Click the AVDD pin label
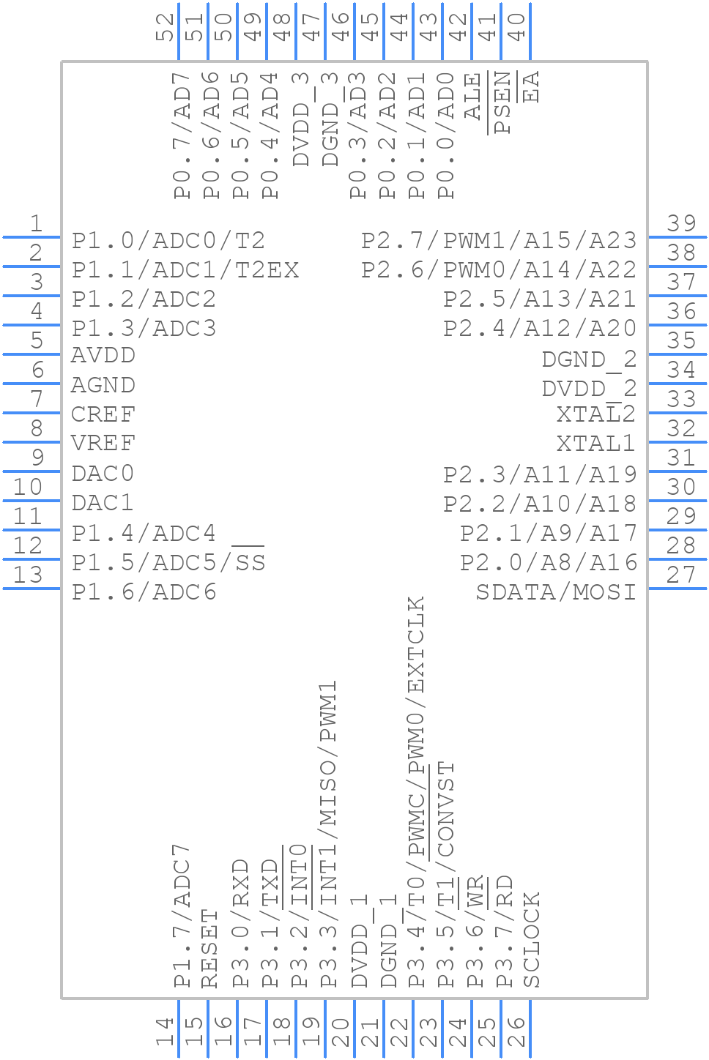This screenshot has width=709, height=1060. pyautogui.click(x=103, y=356)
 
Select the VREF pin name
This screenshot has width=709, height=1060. pyautogui.click(x=103, y=444)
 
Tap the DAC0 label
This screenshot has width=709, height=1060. pyautogui.click(x=103, y=474)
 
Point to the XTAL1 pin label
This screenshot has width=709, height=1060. pyautogui.click(x=595, y=444)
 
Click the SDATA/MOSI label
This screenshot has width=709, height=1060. pyautogui.click(x=556, y=591)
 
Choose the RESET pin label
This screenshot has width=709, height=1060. pyautogui.click(x=210, y=949)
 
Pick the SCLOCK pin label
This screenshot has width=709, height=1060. pyautogui.click(x=532, y=940)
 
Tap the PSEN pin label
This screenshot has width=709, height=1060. pyautogui.click(x=502, y=102)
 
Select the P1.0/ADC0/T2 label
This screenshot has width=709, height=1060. pyautogui.click(x=168, y=241)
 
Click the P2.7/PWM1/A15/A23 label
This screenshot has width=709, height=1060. pyautogui.click(x=499, y=241)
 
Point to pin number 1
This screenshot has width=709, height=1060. pyautogui.click(x=35, y=224)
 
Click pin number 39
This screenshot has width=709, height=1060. pyautogui.click(x=681, y=224)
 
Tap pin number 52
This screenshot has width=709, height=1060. pyautogui.click(x=166, y=27)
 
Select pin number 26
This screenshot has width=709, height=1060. pyautogui.click(x=516, y=1032)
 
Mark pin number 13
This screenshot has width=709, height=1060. pyautogui.click(x=28, y=575)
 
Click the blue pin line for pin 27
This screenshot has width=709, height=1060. pyautogui.click(x=677, y=589)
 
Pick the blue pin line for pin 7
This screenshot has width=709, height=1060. pyautogui.click(x=32, y=413)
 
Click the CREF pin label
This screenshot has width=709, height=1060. pyautogui.click(x=103, y=414)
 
